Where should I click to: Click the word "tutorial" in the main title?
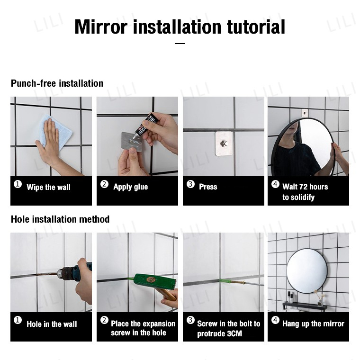tap(256, 27)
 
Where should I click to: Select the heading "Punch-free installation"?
tap(57, 83)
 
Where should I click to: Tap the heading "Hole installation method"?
tap(60, 219)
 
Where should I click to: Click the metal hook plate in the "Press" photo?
tap(224, 144)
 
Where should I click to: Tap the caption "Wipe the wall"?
tap(48, 187)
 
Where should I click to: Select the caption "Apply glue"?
tap(130, 187)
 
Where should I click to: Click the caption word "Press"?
tap(208, 187)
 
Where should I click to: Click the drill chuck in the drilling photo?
tap(65, 273)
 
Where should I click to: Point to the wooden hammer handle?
tap(166, 294)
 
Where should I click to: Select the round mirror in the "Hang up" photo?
tap(307, 271)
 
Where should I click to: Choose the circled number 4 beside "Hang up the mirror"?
tap(275, 320)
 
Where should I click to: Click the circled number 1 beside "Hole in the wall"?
tap(18, 320)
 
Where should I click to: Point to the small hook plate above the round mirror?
tap(305, 113)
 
